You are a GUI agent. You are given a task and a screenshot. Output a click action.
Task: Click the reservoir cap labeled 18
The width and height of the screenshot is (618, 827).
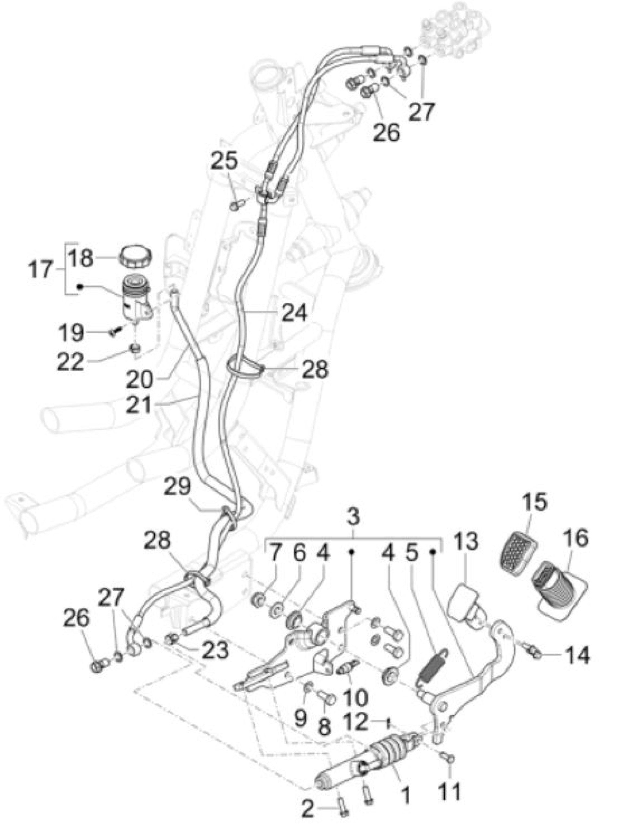(x=135, y=256)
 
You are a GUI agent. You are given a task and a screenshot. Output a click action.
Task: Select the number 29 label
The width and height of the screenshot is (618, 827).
(x=178, y=487)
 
